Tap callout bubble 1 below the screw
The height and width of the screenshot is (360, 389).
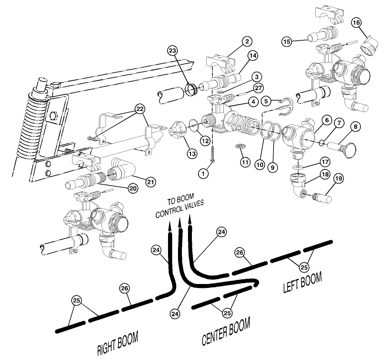tap(202, 173)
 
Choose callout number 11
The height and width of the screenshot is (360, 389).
tap(245, 162)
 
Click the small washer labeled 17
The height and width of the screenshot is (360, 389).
tap(298, 168)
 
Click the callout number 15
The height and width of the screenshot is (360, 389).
tap(286, 42)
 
